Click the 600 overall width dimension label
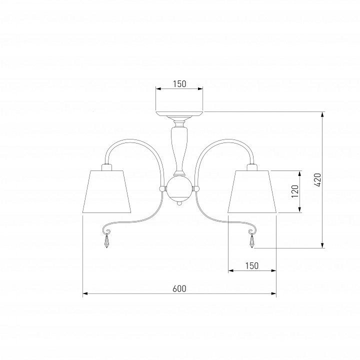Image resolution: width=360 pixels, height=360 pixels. [x=179, y=288]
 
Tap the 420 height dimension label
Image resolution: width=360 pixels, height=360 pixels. [x=318, y=180]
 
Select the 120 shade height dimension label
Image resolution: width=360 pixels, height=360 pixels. [x=295, y=191]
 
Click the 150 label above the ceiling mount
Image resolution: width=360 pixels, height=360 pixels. [x=179, y=84]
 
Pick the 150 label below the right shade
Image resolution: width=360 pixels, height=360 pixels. [x=252, y=265]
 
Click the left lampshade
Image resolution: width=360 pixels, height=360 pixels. [x=107, y=191]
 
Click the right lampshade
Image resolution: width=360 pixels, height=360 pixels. [x=252, y=191]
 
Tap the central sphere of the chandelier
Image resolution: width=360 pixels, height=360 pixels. [x=179, y=188]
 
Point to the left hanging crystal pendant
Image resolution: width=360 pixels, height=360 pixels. [x=106, y=241]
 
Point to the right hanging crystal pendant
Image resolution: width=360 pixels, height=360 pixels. [x=252, y=241]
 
